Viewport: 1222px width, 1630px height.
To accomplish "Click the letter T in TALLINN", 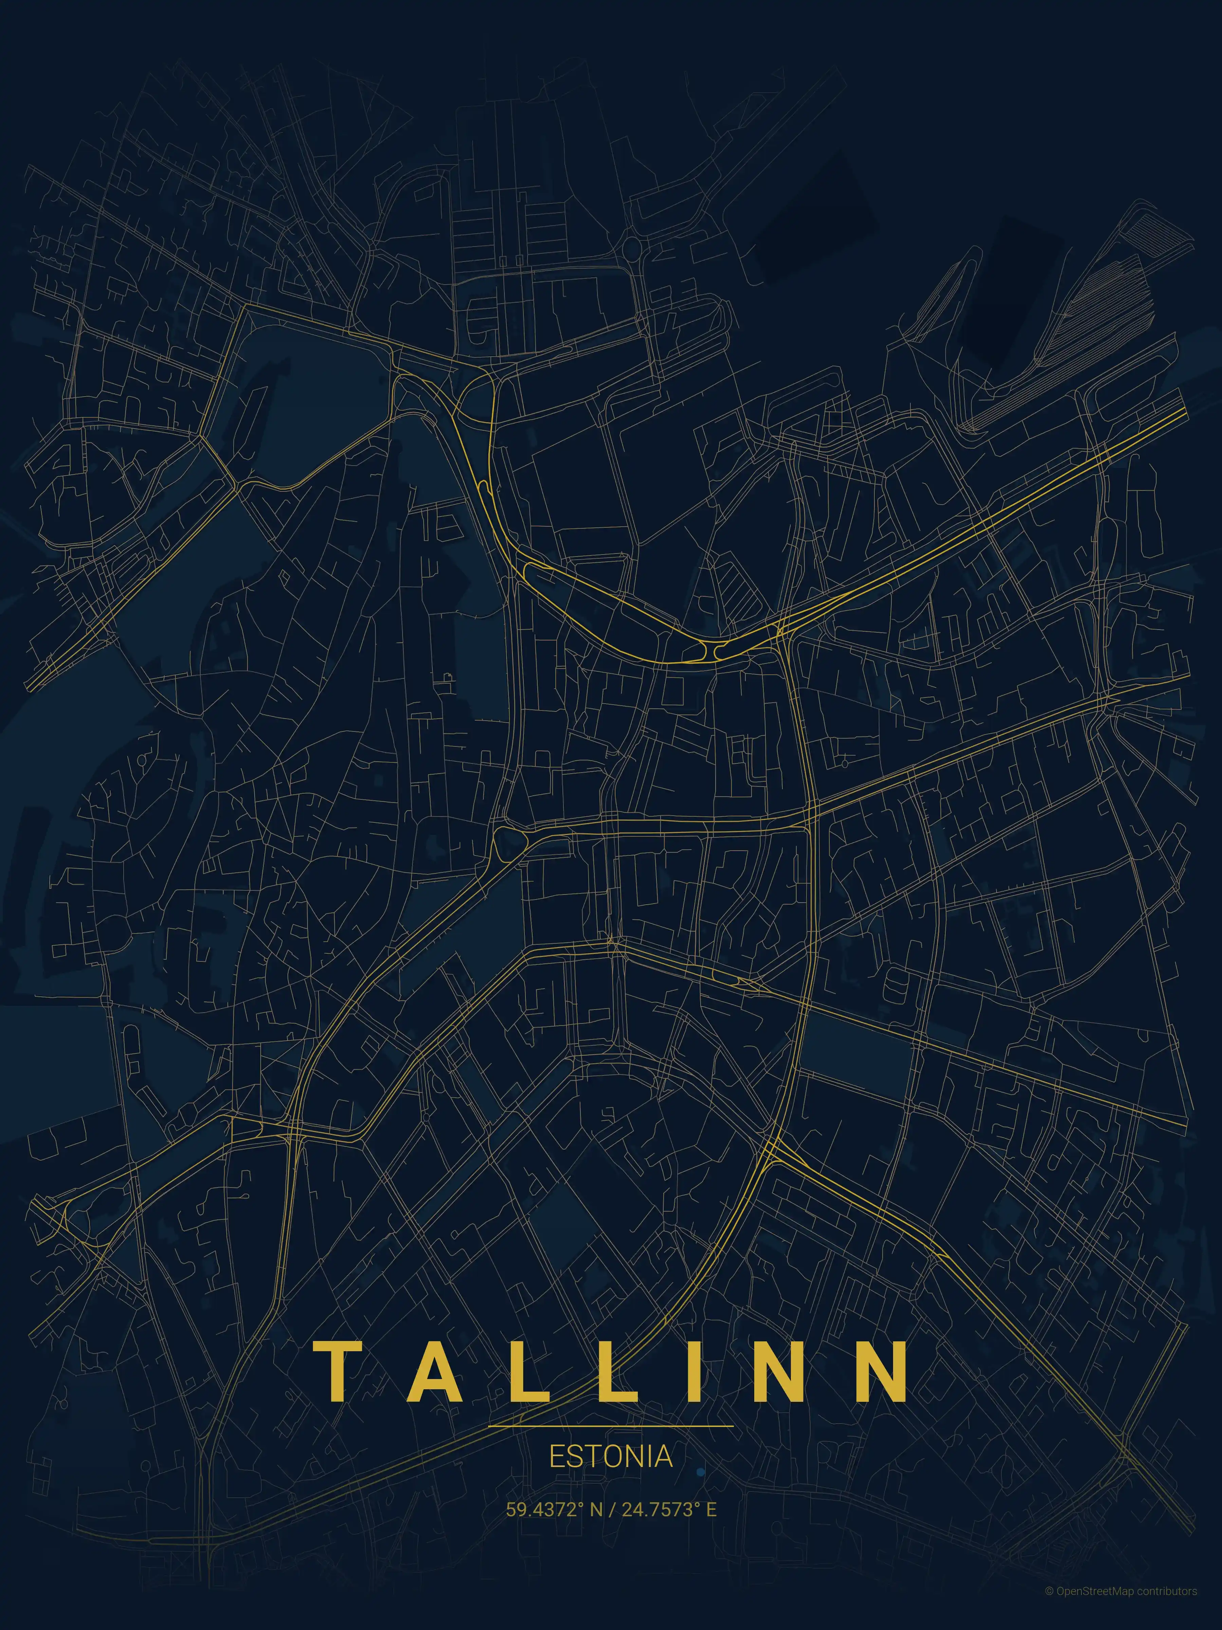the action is pyautogui.click(x=340, y=1371).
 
